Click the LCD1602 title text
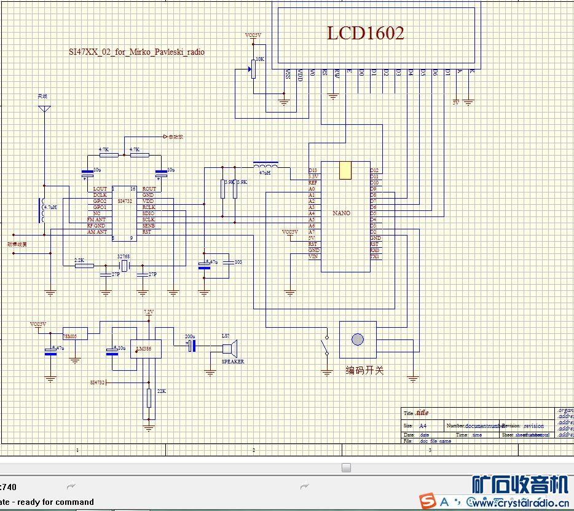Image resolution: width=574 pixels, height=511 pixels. point(365,33)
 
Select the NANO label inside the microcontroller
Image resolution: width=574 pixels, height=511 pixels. point(342,213)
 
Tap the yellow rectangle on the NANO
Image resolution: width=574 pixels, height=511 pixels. point(345,170)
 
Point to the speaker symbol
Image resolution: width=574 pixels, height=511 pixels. point(230,349)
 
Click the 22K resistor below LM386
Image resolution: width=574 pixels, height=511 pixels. point(149,398)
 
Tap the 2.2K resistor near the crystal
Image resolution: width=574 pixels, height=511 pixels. point(84,266)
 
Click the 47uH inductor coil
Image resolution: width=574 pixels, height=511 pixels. point(265,165)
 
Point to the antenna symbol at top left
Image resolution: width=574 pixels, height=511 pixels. point(44,109)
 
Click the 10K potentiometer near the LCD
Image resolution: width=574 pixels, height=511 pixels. point(252,68)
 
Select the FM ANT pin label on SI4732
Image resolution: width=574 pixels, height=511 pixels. point(96,220)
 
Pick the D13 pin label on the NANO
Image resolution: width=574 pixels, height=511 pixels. point(313,170)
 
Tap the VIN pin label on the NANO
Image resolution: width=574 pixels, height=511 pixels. point(313,256)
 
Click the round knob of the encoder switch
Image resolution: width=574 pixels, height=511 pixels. point(358,339)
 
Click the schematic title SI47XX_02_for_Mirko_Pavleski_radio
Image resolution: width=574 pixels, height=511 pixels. point(136,52)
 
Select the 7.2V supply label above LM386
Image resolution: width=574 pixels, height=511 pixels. point(149,312)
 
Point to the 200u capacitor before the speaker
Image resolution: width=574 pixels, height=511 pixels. point(191,346)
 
